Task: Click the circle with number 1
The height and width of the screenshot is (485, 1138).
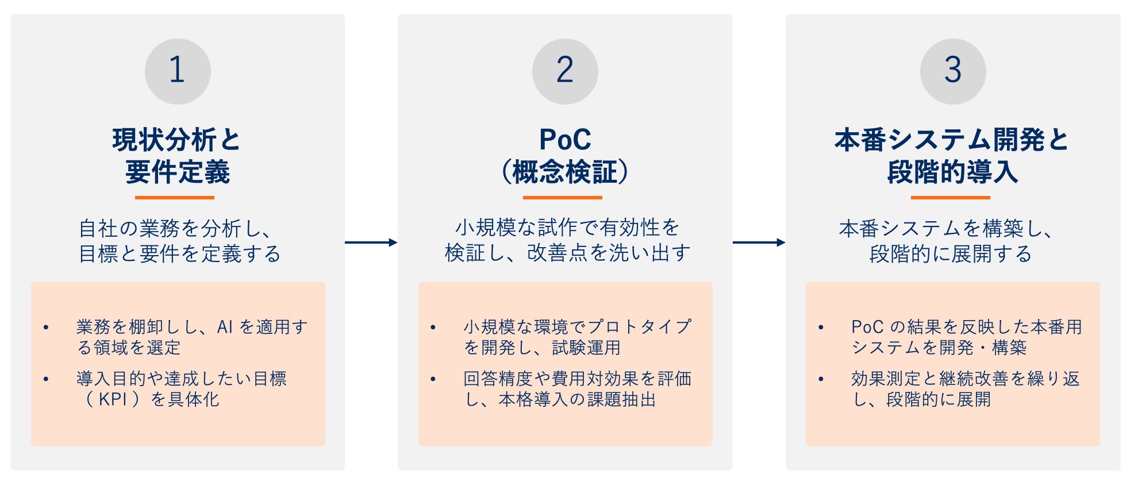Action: tap(178, 71)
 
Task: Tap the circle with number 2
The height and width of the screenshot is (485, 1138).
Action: tap(565, 71)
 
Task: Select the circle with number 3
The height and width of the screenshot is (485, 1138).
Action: tap(953, 71)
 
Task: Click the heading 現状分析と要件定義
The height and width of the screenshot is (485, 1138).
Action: tap(177, 155)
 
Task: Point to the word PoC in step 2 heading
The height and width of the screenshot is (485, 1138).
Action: tap(565, 140)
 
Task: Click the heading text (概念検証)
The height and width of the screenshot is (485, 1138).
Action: tap(565, 172)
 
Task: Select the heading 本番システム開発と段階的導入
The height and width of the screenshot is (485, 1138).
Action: tap(952, 155)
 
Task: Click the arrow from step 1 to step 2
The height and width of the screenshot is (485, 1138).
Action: tap(371, 242)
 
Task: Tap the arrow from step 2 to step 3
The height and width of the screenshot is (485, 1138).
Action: tap(759, 242)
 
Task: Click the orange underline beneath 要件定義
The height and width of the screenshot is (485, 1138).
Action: tap(175, 198)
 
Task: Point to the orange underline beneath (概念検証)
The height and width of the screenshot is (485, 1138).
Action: tap(563, 198)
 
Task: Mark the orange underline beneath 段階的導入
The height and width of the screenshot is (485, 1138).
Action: tap(950, 198)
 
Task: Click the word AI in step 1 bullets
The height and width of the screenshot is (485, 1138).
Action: tap(225, 328)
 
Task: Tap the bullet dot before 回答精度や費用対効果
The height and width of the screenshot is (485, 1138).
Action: tap(433, 379)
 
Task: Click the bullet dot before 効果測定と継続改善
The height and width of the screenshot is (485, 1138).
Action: tap(821, 379)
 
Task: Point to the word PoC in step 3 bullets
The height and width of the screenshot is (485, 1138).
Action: tap(867, 327)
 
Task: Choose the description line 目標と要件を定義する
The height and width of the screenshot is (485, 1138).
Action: tap(180, 253)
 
